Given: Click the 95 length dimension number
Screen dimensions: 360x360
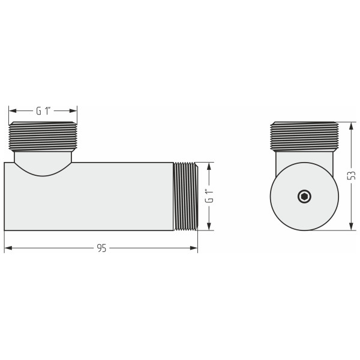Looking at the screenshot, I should (x=101, y=248).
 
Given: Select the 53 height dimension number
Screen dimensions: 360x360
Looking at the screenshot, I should (x=352, y=175).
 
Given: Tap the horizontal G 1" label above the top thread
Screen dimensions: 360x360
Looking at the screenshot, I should (x=43, y=111).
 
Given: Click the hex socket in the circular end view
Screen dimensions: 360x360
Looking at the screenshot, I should (x=305, y=196).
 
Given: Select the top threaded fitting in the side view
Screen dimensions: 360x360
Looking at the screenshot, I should (x=43, y=136).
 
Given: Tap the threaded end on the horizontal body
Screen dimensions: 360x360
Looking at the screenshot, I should (x=185, y=196).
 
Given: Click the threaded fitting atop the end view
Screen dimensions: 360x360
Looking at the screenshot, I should (x=305, y=136).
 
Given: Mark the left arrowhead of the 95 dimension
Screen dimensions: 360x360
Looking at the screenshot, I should (x=7, y=248).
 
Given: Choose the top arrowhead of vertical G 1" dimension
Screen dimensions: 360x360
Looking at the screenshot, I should (x=209, y=165).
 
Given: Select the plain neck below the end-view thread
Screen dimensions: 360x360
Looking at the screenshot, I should (x=305, y=157).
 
